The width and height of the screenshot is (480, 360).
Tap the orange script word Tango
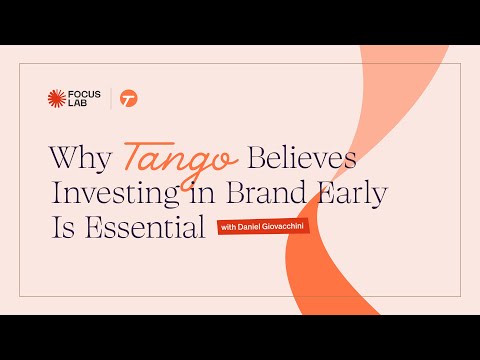tap(181, 158)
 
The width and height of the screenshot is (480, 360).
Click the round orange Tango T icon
tap(128, 98)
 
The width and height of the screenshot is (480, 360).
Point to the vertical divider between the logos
tap(110, 98)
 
